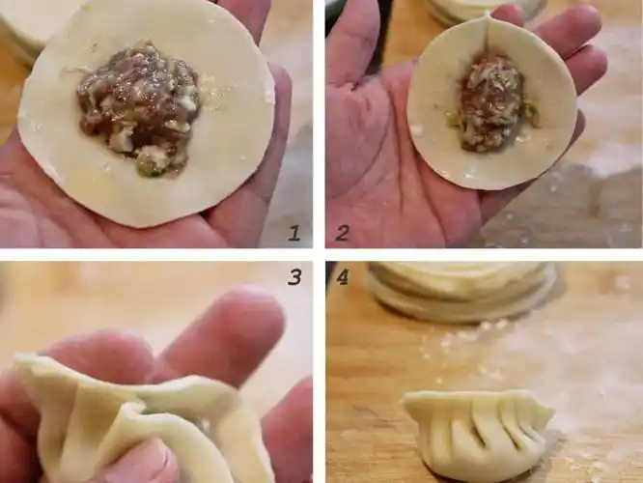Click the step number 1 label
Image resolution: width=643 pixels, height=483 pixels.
pos(294,232)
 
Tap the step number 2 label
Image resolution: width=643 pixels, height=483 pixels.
pos(342,232)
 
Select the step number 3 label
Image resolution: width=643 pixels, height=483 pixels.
pos(294,277)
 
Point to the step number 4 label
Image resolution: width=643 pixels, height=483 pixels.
pos(342,277)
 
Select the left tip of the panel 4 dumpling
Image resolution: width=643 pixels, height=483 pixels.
pos(408,400)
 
